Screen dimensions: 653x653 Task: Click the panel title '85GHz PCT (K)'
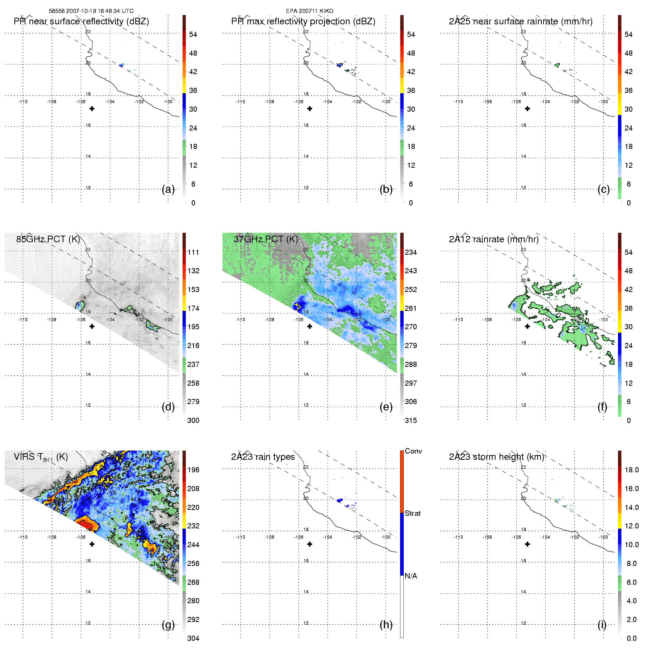48,239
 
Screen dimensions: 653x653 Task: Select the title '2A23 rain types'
263,457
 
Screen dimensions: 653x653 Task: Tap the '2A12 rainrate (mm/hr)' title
493,239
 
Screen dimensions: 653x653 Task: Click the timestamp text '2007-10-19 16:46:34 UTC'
100,11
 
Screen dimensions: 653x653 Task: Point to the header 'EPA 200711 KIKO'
309,11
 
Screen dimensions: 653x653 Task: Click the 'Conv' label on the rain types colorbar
413,451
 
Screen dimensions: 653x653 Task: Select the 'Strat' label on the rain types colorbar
413,513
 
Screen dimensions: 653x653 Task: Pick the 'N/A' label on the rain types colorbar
411,576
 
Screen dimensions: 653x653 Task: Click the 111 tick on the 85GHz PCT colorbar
193,252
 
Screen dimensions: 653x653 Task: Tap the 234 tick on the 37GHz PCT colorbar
411,252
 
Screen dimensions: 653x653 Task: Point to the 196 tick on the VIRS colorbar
193,470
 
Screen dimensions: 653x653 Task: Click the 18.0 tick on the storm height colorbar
631,470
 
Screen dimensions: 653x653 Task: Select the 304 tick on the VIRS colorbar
193,638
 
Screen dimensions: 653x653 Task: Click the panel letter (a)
168,190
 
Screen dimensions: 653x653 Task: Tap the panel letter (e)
386,407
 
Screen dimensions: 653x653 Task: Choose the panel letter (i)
602,625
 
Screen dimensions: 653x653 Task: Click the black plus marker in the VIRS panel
92,544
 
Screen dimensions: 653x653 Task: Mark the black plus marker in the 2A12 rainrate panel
527,326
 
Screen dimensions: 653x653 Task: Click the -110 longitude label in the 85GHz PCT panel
23,320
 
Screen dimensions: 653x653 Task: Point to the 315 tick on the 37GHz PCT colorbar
411,420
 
